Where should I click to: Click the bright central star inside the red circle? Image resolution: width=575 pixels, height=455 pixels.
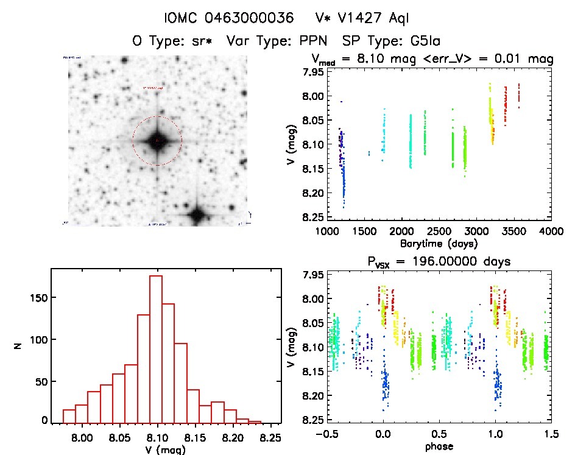(x=157, y=141)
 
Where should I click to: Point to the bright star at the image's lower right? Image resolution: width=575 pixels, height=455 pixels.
(x=197, y=214)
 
